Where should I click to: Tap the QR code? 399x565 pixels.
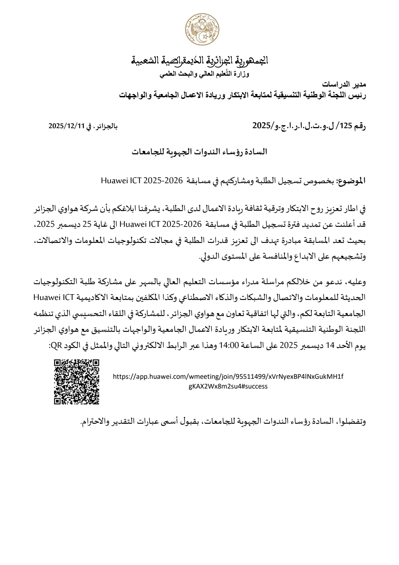77,381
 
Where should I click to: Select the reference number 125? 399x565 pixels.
345,126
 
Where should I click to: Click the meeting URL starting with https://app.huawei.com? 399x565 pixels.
228,376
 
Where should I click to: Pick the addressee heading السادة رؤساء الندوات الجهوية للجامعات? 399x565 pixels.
199,152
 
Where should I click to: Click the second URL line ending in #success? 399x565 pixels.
228,386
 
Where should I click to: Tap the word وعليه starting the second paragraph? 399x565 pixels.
355,282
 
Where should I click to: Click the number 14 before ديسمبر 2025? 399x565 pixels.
330,345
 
